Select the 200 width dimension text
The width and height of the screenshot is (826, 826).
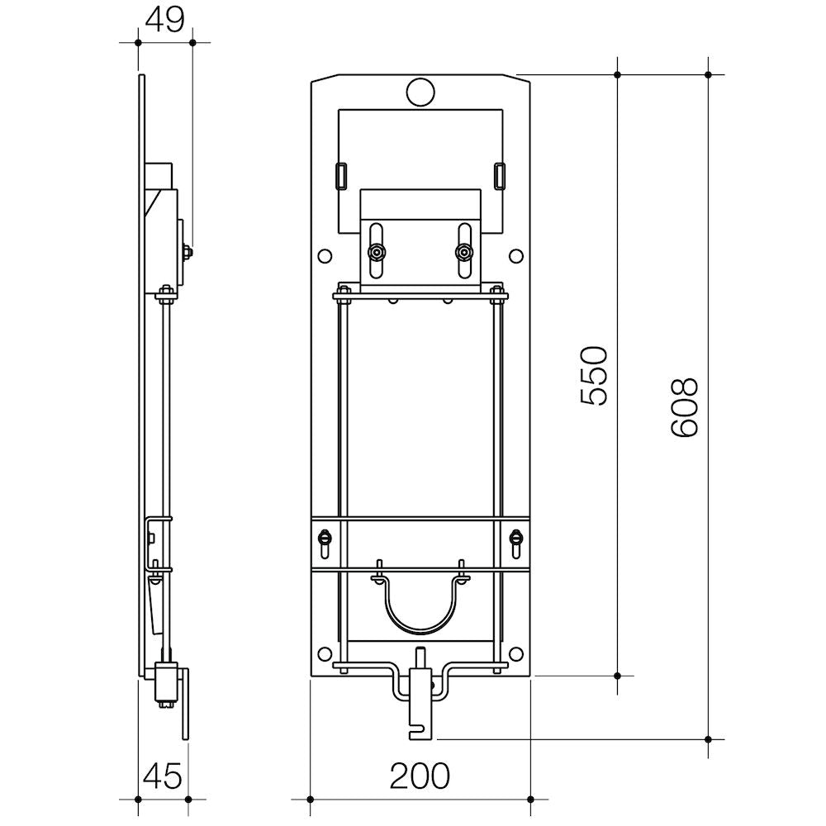(x=420, y=776)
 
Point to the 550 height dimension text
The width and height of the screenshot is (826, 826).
(x=594, y=376)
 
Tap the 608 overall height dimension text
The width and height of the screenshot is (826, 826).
(x=684, y=406)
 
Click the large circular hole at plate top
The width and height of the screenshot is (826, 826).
(x=420, y=93)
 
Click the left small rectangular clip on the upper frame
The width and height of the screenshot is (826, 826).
(x=341, y=175)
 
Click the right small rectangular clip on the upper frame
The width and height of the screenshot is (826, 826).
(x=500, y=175)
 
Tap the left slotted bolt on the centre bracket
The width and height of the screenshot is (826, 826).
(x=376, y=252)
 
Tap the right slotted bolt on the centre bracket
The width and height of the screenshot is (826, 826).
(x=464, y=252)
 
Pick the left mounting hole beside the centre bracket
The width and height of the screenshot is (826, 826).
(x=325, y=256)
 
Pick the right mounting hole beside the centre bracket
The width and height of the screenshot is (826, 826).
(x=516, y=256)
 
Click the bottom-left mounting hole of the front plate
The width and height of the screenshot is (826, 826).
(x=325, y=653)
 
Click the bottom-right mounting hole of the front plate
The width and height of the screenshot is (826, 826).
(x=516, y=653)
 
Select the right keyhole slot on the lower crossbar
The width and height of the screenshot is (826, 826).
(x=515, y=543)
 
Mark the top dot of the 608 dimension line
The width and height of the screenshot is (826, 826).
(x=708, y=75)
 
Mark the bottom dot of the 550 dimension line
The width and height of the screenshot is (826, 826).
(x=617, y=676)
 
